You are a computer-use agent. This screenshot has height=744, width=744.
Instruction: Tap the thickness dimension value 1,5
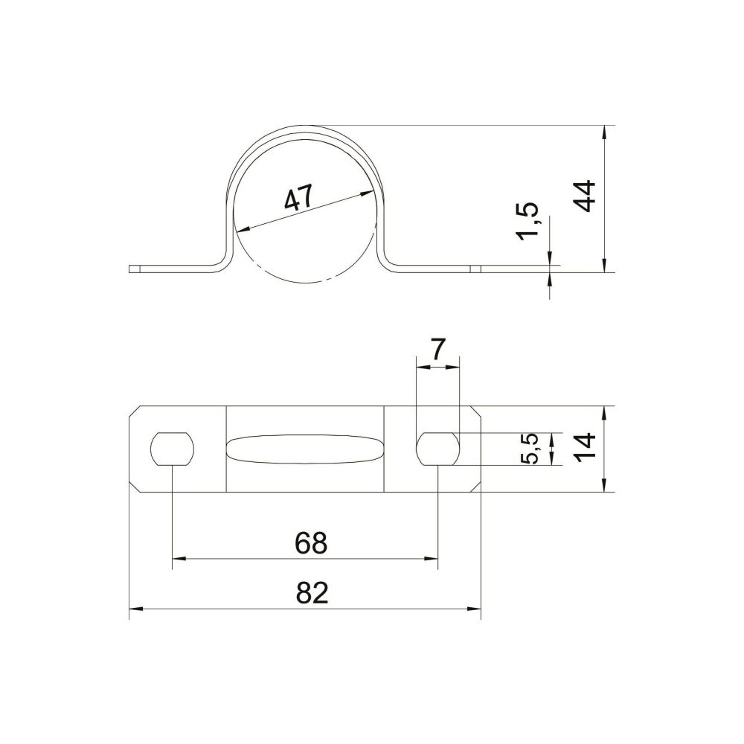click(x=529, y=221)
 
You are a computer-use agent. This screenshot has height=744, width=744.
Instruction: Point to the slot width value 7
click(x=437, y=350)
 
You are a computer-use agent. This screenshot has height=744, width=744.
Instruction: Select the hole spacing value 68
click(x=311, y=543)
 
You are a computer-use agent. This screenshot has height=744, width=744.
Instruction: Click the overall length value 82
click(x=312, y=593)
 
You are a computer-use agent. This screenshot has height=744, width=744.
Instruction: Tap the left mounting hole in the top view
click(x=173, y=449)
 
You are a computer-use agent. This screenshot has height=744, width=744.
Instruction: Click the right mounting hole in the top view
click(x=437, y=449)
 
